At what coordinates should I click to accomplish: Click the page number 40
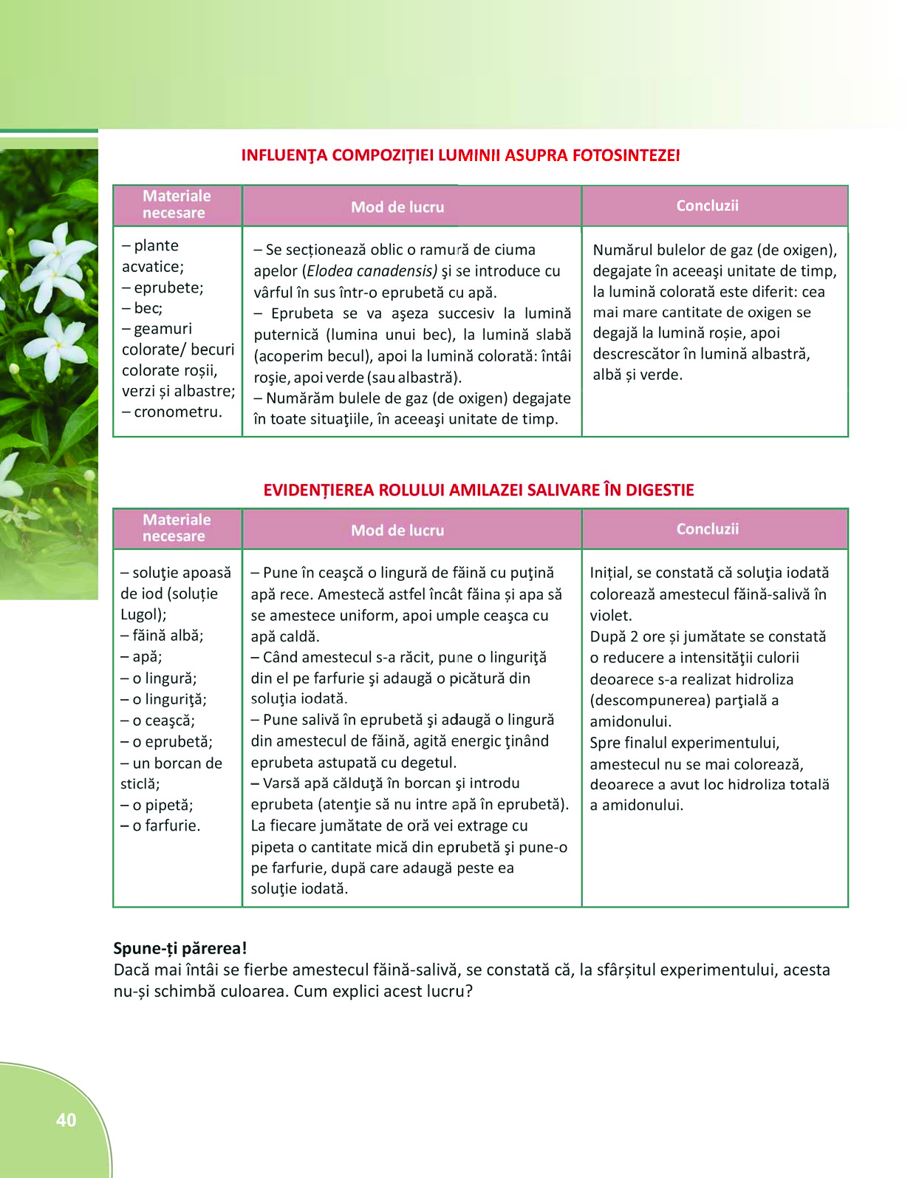pyautogui.click(x=66, y=1120)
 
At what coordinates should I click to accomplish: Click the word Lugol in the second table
pyautogui.click(x=141, y=614)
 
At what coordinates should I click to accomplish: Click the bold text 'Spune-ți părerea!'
pyautogui.click(x=180, y=948)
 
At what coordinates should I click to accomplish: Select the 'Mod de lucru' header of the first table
pyautogui.click(x=397, y=207)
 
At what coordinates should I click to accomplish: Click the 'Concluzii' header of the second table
pyautogui.click(x=707, y=528)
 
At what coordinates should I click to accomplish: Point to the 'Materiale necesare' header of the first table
pyautogui.click(x=177, y=204)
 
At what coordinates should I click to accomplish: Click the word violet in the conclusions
pyautogui.click(x=609, y=615)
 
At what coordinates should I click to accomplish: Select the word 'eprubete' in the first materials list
pyautogui.click(x=167, y=287)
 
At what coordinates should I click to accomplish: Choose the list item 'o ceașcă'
pyautogui.click(x=163, y=720)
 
